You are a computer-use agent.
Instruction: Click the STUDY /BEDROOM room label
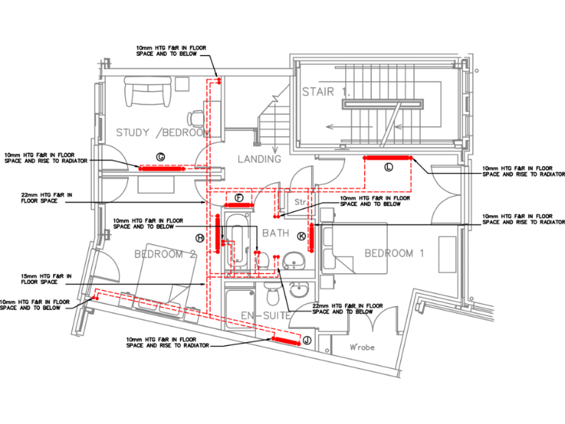point(163,133)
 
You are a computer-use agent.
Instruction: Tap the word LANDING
point(259,159)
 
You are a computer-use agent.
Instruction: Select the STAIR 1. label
point(326,92)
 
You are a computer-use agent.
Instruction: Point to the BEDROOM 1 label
point(394,253)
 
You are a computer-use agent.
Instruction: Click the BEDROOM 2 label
point(166,255)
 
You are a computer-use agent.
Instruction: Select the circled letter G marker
point(160,155)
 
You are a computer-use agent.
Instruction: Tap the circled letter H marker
point(199,238)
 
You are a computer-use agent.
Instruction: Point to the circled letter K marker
point(302,236)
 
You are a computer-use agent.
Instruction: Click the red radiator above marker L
point(388,158)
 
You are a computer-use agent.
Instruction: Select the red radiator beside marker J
point(285,339)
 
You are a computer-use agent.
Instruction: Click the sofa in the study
point(149,93)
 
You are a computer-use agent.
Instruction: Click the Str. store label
point(299,200)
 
